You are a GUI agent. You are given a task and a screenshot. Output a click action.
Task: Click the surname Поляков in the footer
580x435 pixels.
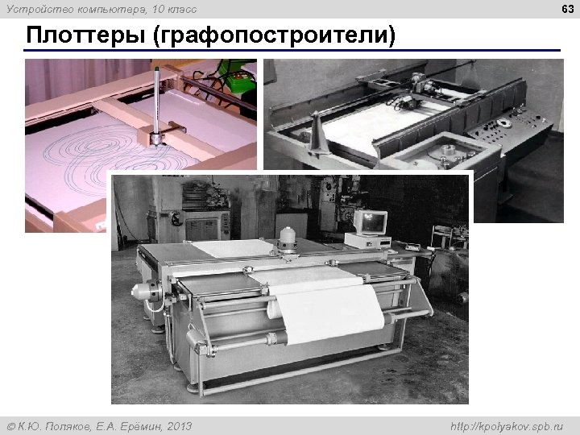[77, 425]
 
